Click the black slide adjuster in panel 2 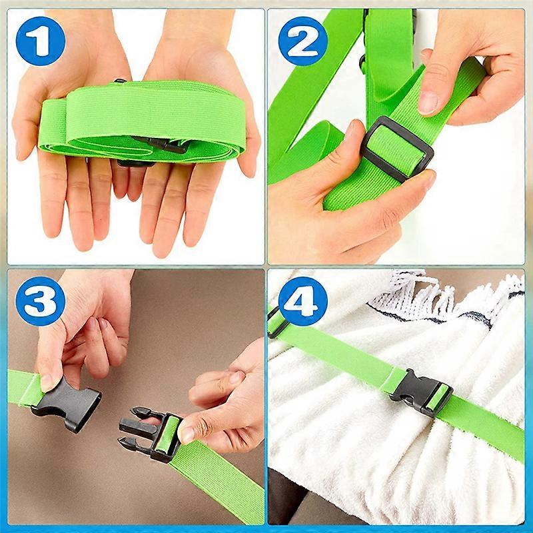[x=396, y=149]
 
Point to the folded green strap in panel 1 [x=133, y=117]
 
